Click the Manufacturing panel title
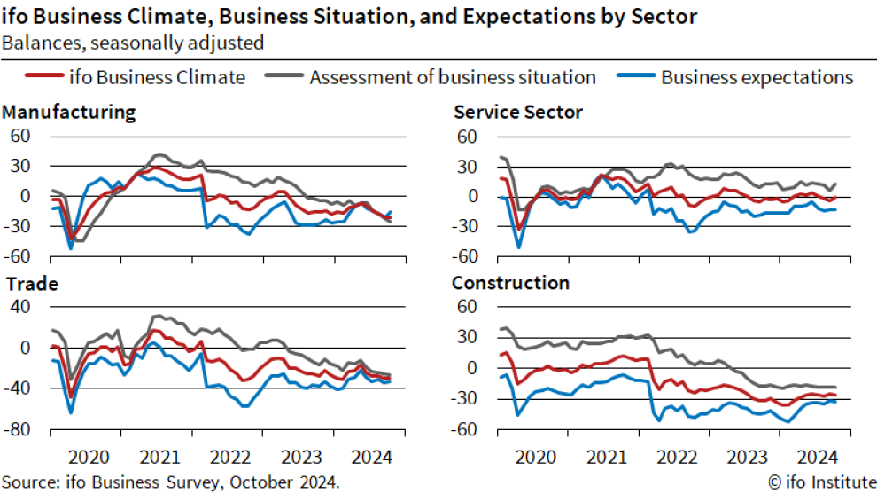69,113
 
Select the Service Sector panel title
518,113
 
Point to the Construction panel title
511,284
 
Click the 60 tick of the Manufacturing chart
20,136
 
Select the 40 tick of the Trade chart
20,307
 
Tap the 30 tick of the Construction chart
467,337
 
